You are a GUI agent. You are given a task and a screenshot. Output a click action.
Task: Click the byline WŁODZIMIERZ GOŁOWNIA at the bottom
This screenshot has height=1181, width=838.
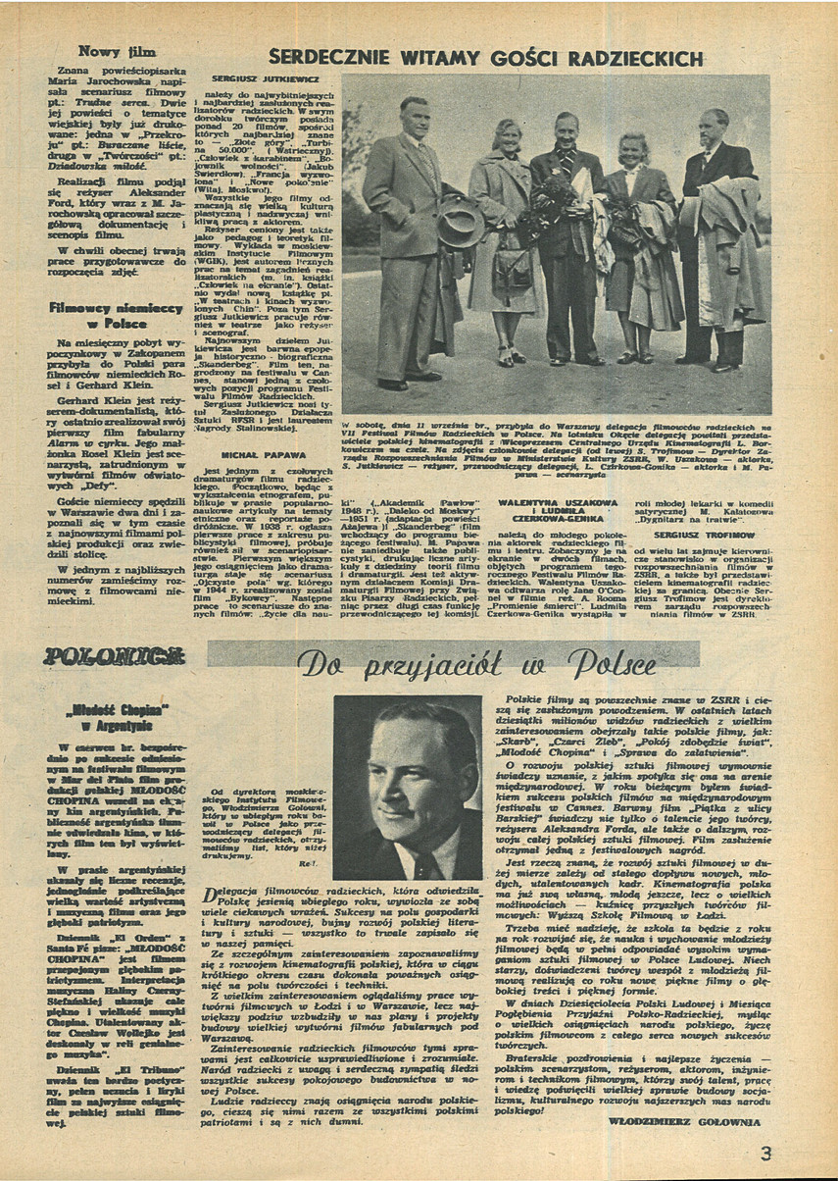(684, 1121)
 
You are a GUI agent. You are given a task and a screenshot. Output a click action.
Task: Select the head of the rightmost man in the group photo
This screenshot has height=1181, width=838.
(713, 127)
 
